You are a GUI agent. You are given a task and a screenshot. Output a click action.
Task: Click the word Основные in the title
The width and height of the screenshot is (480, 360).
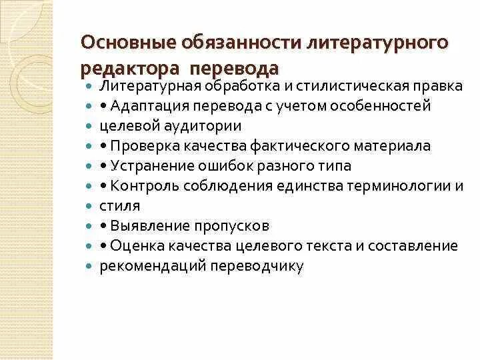click(x=123, y=44)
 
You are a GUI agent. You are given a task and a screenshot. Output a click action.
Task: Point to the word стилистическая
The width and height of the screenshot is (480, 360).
click(x=331, y=86)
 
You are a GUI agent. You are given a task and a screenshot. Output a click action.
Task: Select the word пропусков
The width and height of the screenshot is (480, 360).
click(x=233, y=225)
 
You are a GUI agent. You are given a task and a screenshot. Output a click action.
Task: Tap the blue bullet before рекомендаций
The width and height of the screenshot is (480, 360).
click(x=89, y=267)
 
